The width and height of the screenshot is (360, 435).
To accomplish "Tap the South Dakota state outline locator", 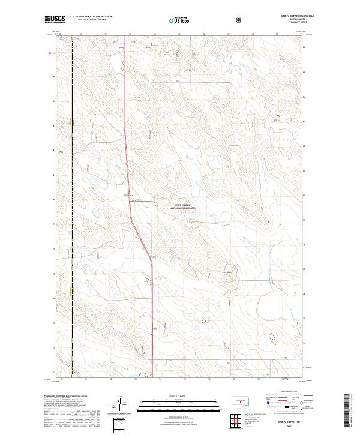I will [x=239, y=400].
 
